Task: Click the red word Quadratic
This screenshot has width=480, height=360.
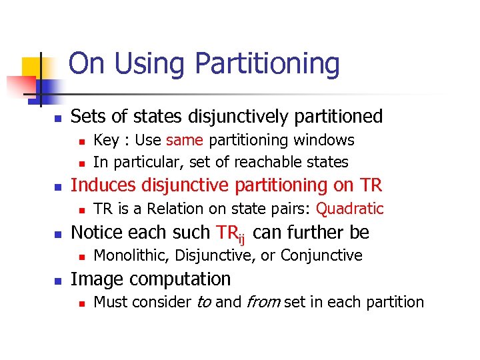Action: pos(349,209)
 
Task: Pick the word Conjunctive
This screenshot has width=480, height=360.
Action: pos(321,255)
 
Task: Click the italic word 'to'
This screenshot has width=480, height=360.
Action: pos(203,302)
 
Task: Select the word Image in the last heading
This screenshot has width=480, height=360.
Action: pos(93,279)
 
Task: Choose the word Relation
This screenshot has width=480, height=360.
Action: pos(173,209)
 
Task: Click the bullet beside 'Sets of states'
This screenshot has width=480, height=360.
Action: pos(58,117)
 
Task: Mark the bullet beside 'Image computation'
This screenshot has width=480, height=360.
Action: pos(58,279)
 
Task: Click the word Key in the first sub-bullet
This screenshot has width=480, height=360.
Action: pos(105,140)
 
